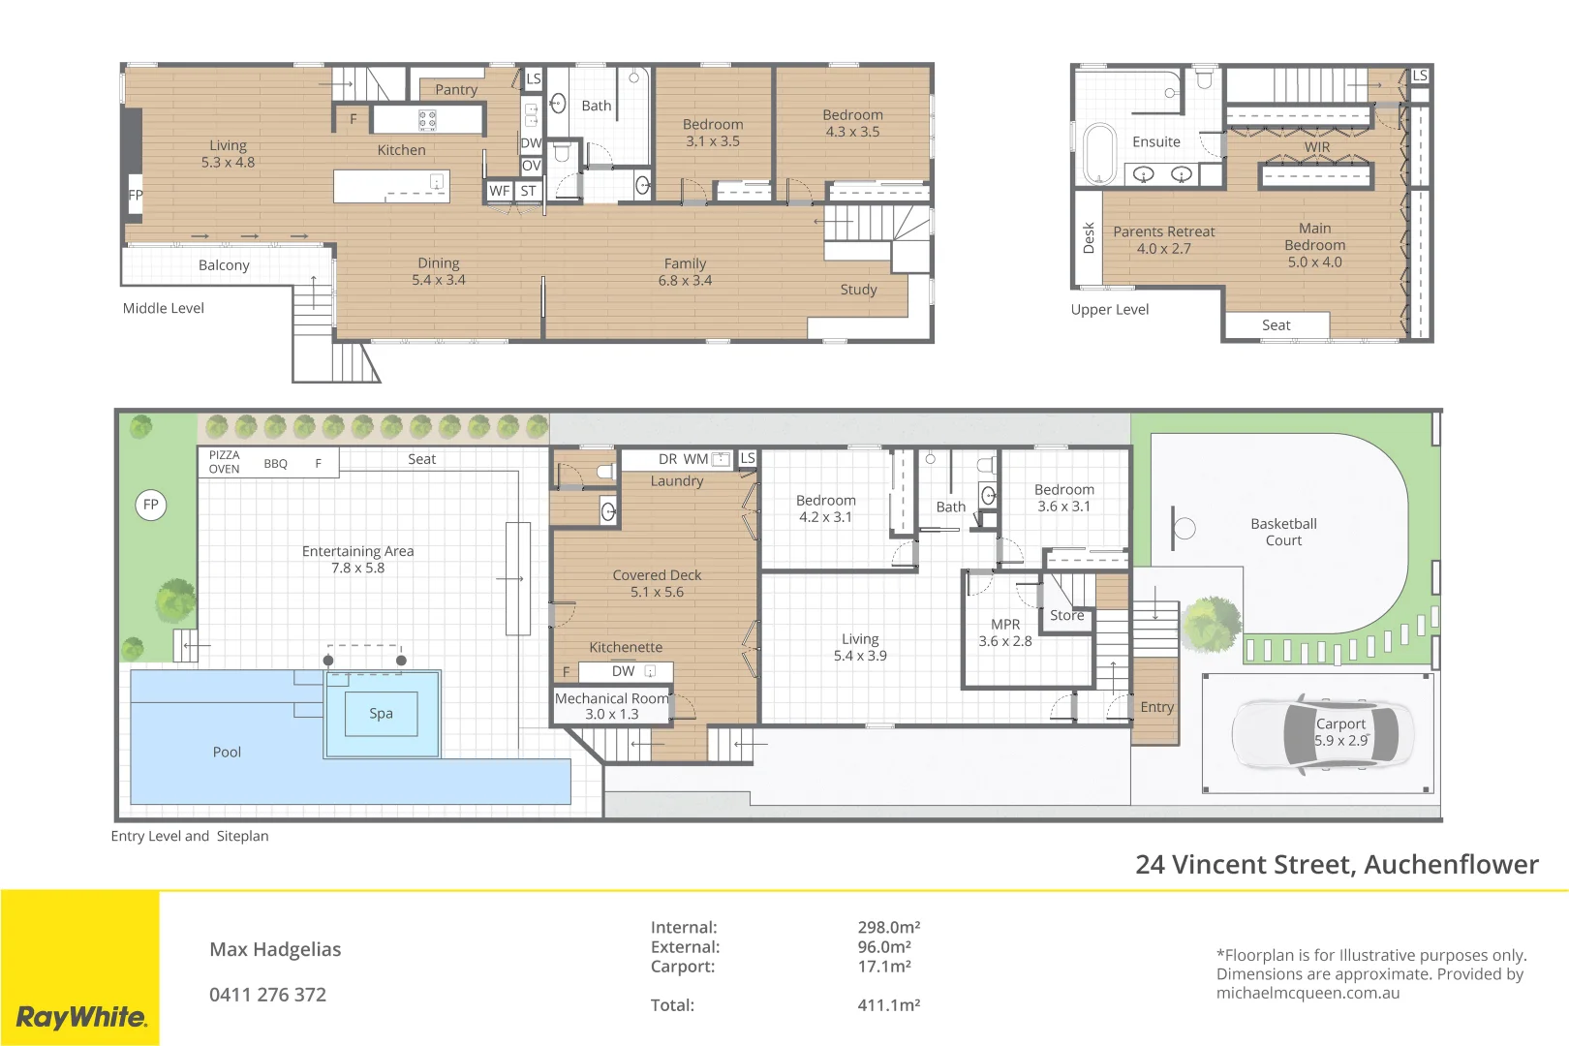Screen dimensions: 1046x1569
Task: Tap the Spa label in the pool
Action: [x=381, y=714]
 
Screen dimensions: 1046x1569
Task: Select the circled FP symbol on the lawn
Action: [x=151, y=505]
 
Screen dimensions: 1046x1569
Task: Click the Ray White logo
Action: [x=80, y=1017]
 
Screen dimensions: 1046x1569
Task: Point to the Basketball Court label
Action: [x=1283, y=532]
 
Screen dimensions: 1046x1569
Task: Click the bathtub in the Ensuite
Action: [x=1099, y=153]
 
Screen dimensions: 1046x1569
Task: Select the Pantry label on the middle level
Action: [x=455, y=90]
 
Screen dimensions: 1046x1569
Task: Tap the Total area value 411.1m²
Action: [x=888, y=1005]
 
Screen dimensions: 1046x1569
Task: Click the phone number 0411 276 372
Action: [x=267, y=995]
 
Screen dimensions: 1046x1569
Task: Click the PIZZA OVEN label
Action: [x=224, y=462]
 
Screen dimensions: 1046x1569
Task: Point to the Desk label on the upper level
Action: [x=1089, y=237]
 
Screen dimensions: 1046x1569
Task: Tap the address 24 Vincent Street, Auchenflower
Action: [x=1337, y=864]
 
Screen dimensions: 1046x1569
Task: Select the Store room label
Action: [x=1066, y=615]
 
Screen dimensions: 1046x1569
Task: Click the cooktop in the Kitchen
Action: [x=427, y=120]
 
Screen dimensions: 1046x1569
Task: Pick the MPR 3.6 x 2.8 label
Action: [x=1005, y=632]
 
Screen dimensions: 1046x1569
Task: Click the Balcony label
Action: [x=224, y=265]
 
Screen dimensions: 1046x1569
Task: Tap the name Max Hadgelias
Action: [x=275, y=949]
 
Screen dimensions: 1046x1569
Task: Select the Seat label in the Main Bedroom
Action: [x=1276, y=325]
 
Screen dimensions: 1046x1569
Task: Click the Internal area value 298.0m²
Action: [x=888, y=927]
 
